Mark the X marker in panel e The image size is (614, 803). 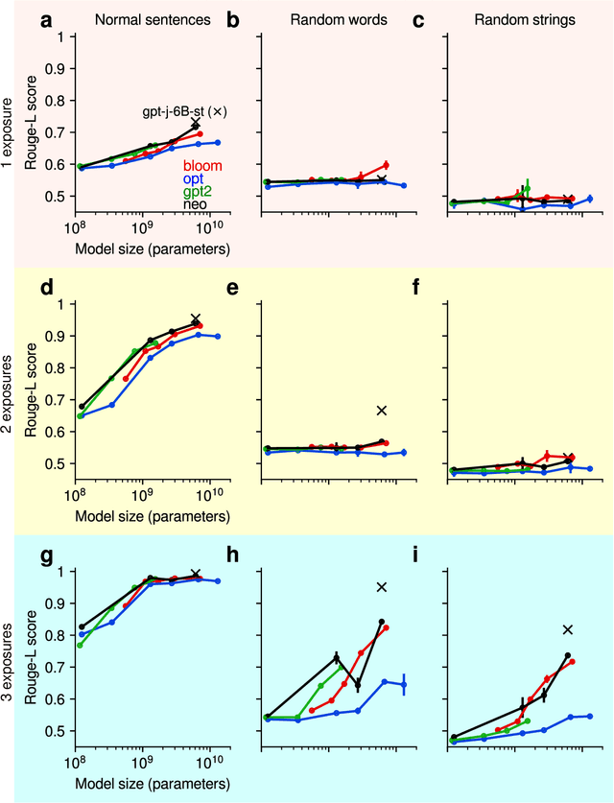[x=382, y=411]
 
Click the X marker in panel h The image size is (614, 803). [x=382, y=587]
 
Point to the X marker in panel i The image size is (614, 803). [x=568, y=629]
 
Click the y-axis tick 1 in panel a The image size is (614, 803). [x=60, y=37]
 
